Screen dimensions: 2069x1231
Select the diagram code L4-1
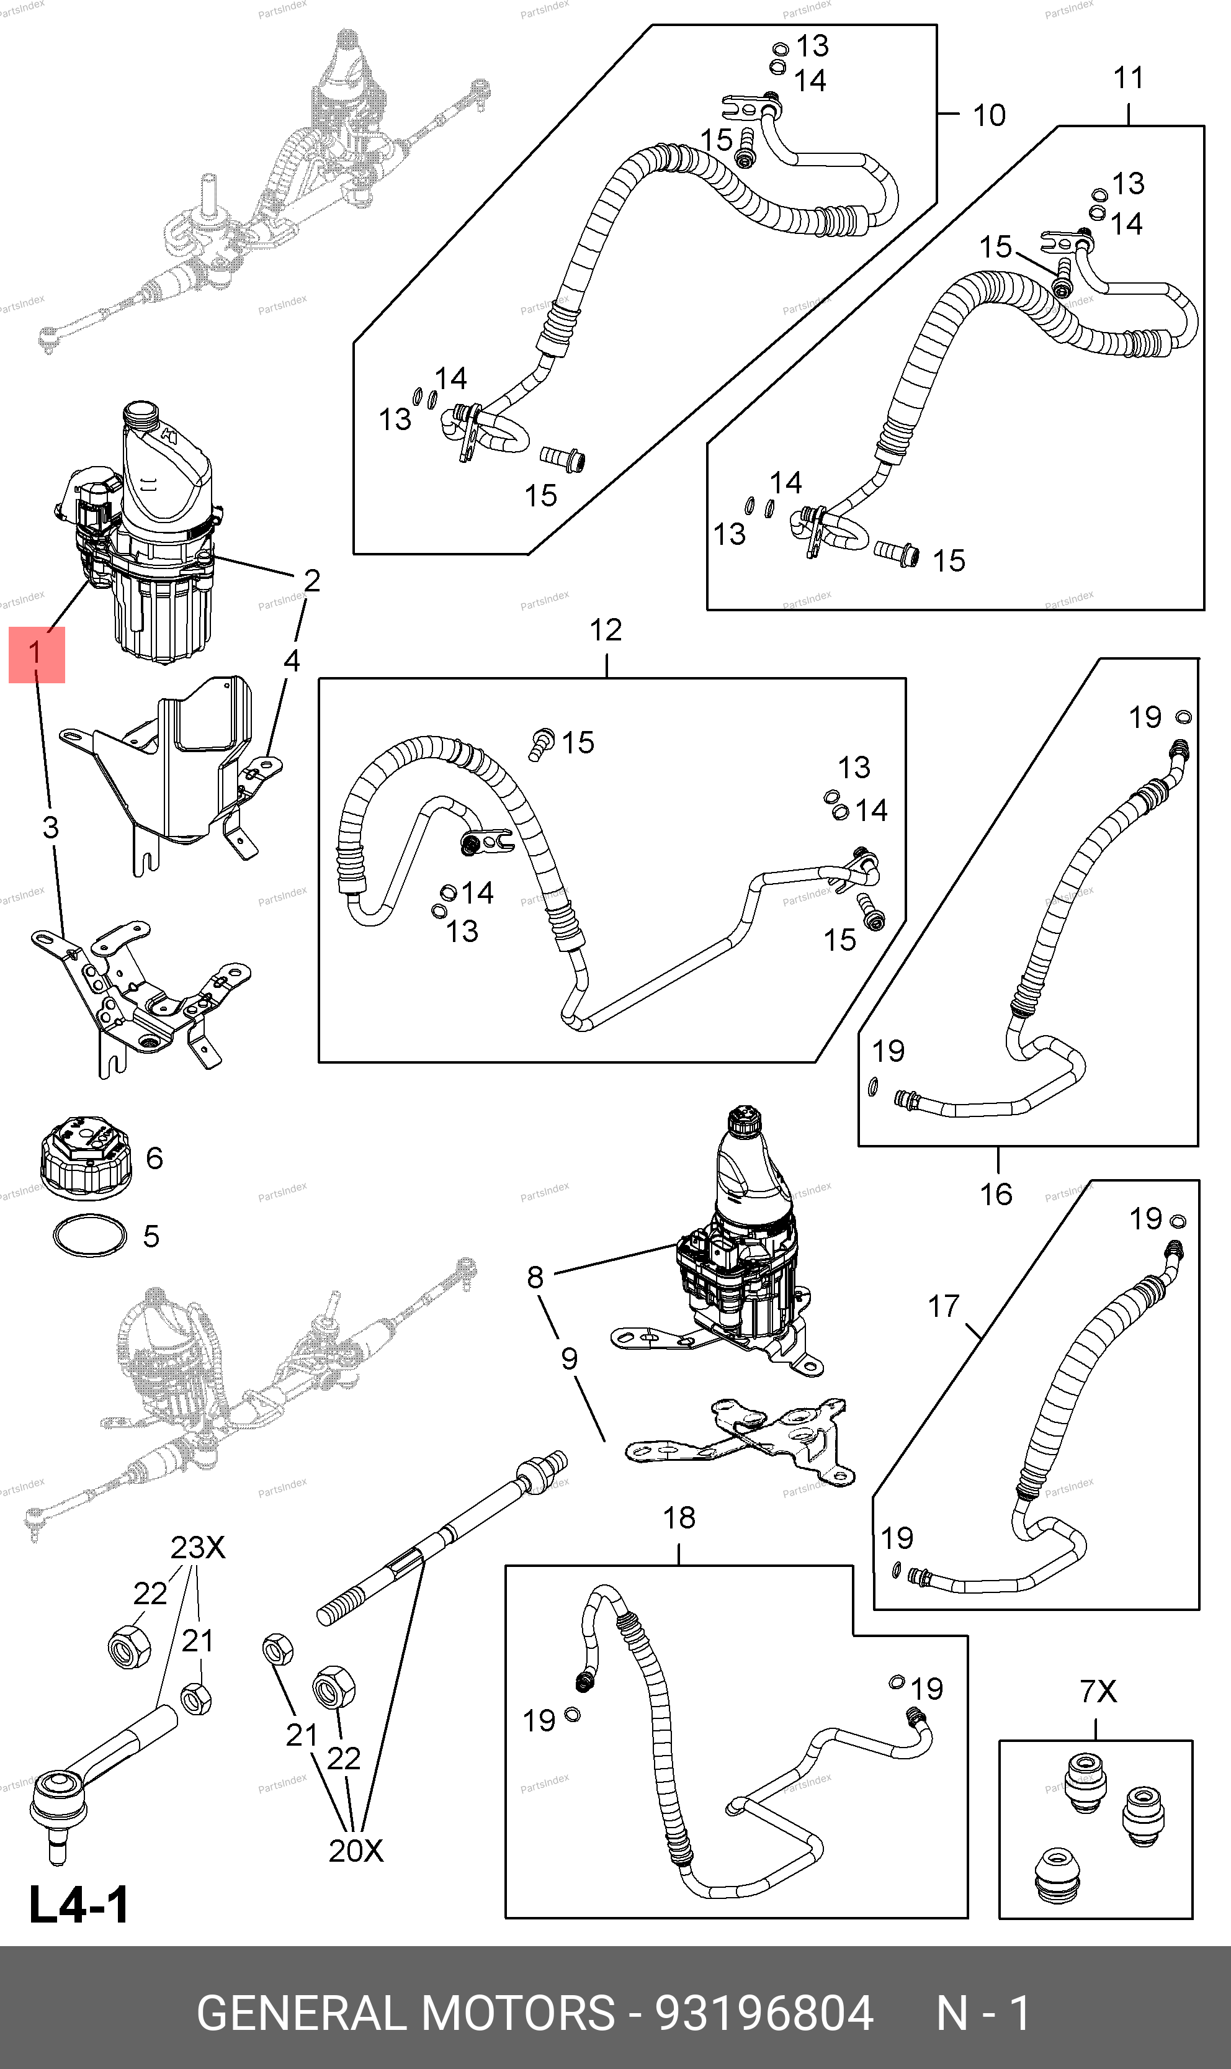pyautogui.click(x=79, y=1905)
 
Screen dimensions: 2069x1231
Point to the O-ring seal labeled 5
pyautogui.click(x=89, y=1236)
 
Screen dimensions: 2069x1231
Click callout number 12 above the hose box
pyautogui.click(x=606, y=631)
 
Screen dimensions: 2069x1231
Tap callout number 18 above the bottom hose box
pyautogui.click(x=679, y=1518)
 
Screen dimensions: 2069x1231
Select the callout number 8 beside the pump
pyautogui.click(x=535, y=1277)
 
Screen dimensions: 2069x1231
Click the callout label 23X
pyautogui.click(x=197, y=1547)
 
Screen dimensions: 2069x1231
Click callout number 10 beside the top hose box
pyautogui.click(x=989, y=115)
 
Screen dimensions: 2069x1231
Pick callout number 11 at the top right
pyautogui.click(x=1128, y=78)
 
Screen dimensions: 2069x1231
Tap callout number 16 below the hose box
pyautogui.click(x=995, y=1195)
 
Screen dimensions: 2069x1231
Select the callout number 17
pyautogui.click(x=943, y=1306)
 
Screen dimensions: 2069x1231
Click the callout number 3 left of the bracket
pyautogui.click(x=51, y=827)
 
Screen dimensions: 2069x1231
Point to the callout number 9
pyautogui.click(x=569, y=1358)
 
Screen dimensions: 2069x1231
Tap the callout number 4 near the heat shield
pyautogui.click(x=291, y=661)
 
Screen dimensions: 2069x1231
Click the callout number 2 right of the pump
pyautogui.click(x=311, y=580)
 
